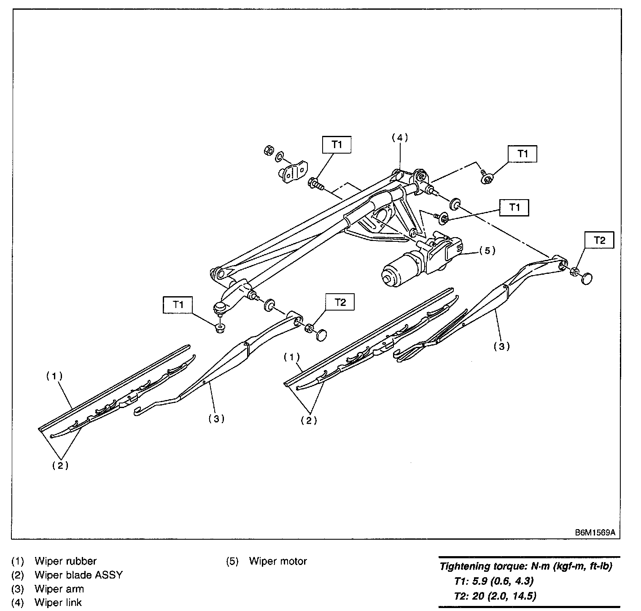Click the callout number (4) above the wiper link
400,138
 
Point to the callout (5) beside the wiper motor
487,250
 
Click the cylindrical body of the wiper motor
399,270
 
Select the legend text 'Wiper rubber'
65,561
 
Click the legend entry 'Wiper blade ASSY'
78,575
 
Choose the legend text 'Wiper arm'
59,589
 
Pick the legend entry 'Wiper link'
58,602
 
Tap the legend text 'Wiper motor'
278,561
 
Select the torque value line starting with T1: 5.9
494,581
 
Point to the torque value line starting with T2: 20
496,596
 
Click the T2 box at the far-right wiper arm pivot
599,240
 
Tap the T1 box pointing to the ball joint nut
178,304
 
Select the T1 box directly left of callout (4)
337,145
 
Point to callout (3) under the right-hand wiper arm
501,346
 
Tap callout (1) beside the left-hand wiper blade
54,376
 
